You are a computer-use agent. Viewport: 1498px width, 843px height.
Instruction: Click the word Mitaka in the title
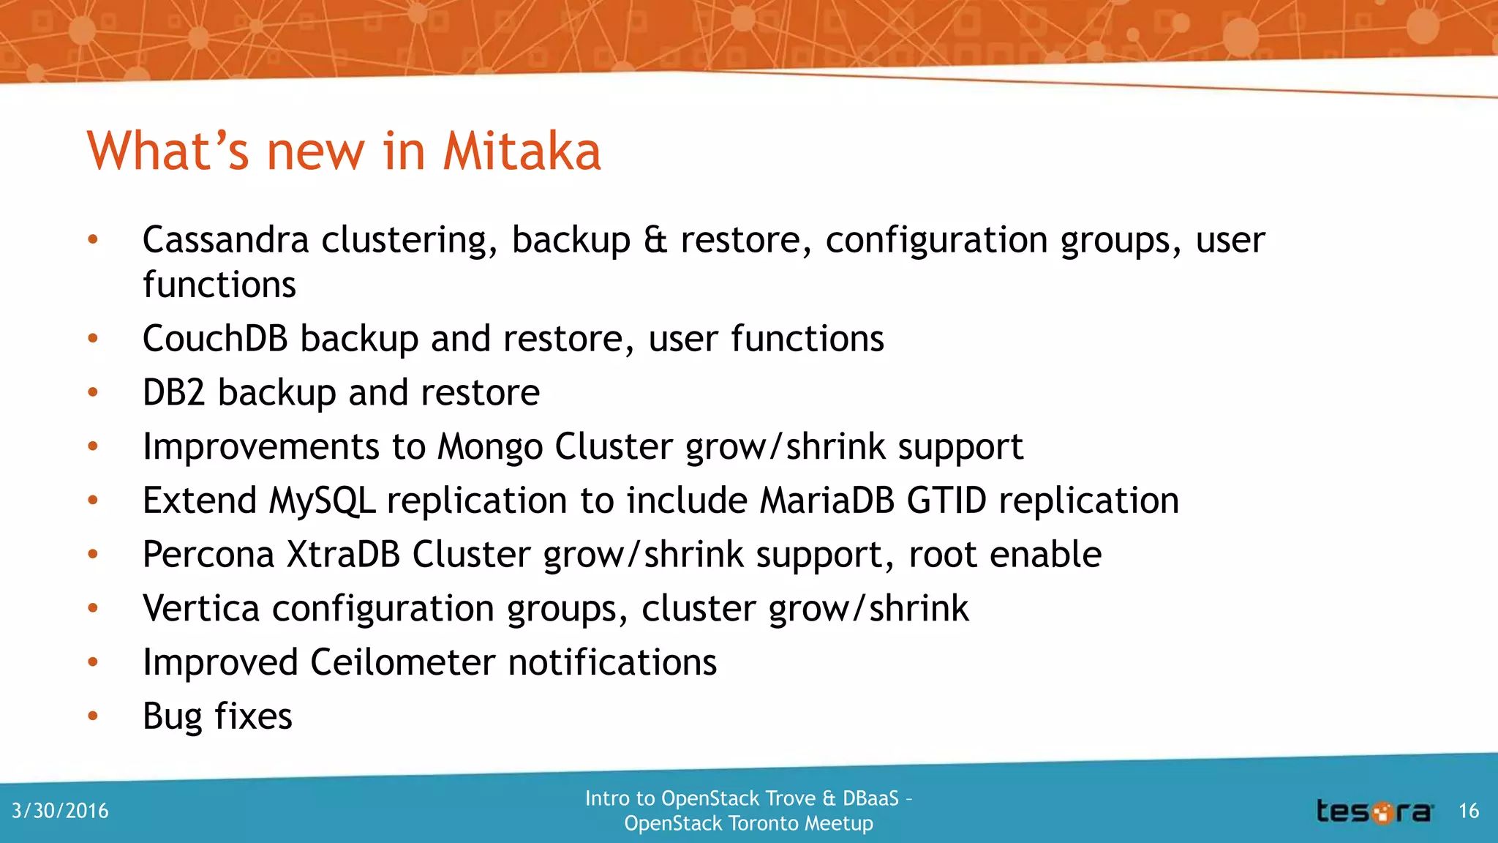point(522,151)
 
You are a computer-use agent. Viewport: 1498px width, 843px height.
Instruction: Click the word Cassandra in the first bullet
point(225,240)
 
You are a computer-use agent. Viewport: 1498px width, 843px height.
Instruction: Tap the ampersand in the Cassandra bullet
point(655,240)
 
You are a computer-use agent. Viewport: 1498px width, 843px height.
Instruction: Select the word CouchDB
point(215,339)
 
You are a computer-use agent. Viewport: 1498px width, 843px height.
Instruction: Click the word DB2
point(173,393)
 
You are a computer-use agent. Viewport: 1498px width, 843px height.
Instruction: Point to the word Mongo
point(490,447)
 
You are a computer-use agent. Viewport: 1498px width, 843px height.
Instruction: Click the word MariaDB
point(827,501)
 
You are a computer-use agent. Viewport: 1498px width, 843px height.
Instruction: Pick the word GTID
point(946,501)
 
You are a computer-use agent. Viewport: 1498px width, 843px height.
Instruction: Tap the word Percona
point(208,555)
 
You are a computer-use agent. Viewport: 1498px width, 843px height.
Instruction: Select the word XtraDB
point(343,555)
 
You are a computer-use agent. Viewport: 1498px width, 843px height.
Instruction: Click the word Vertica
point(201,609)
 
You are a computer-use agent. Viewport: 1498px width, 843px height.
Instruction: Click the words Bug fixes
point(217,716)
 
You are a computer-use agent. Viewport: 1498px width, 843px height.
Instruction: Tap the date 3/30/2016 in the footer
point(60,811)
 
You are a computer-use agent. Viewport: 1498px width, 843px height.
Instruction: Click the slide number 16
point(1469,811)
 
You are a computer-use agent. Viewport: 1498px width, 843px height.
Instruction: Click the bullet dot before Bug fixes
point(93,716)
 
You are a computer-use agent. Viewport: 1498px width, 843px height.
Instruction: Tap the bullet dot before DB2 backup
point(93,393)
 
